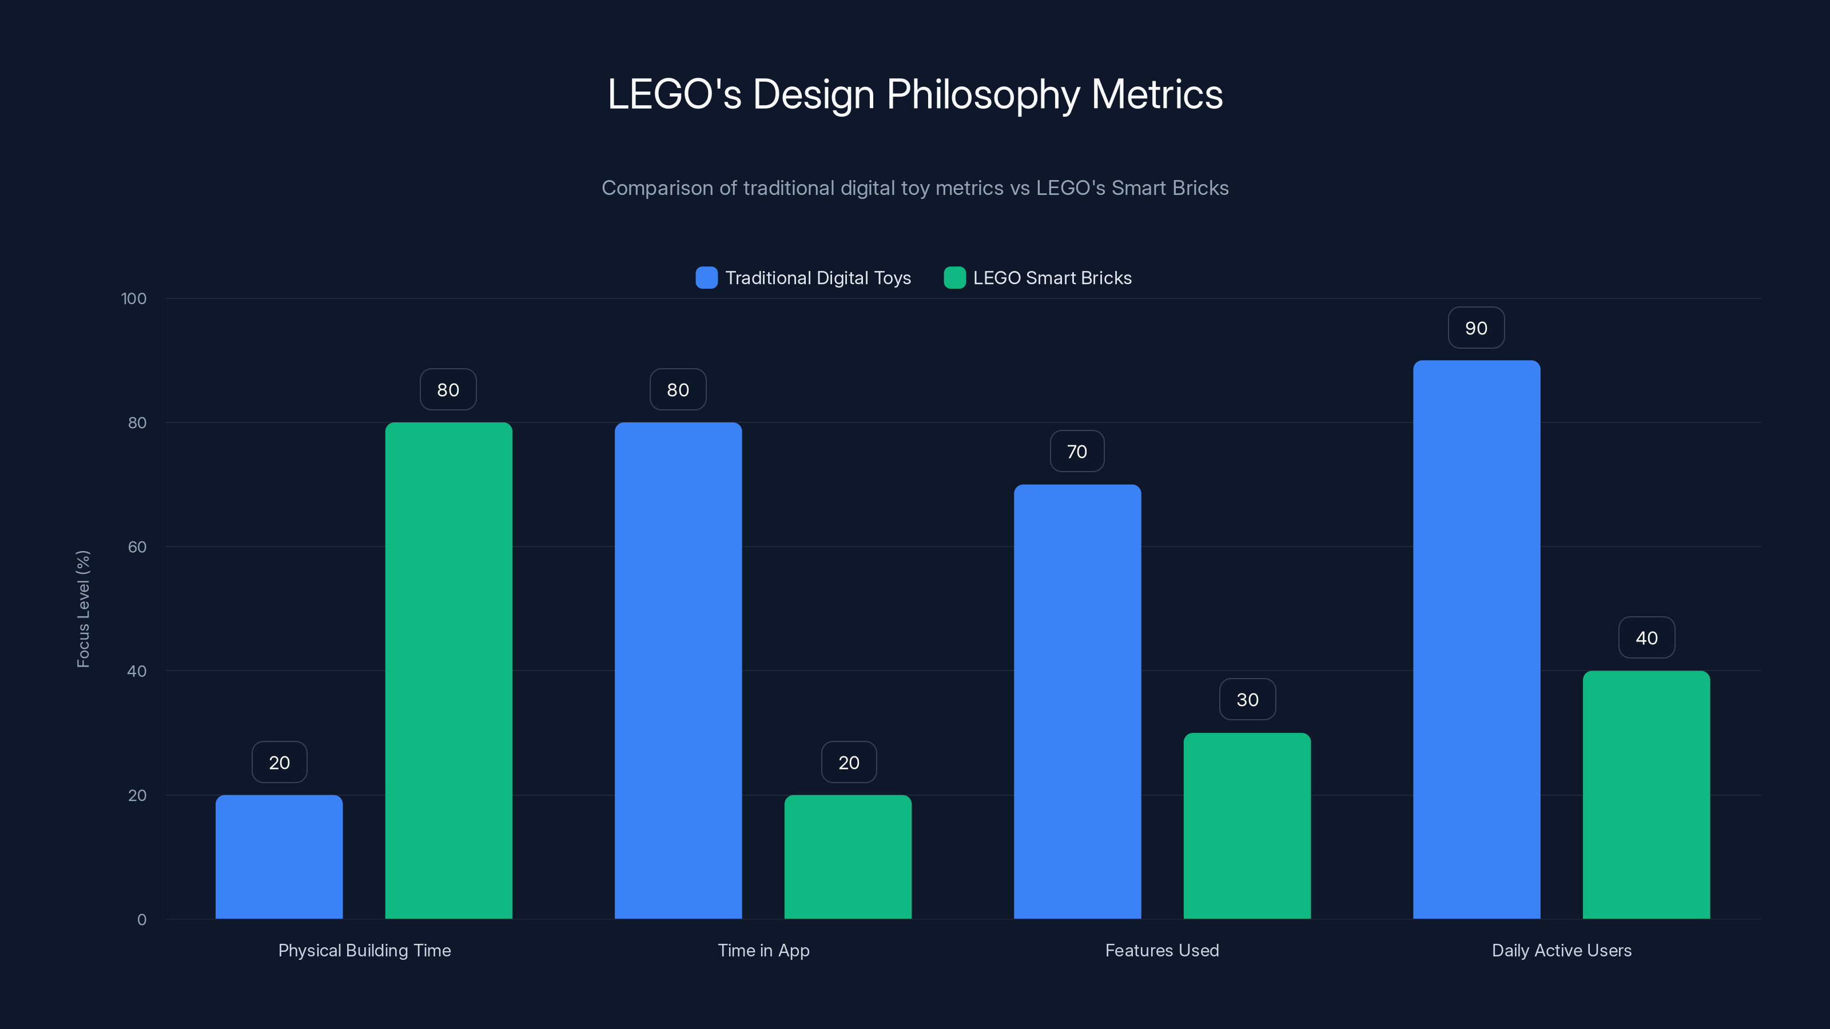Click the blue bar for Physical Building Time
(279, 856)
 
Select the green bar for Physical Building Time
(448, 671)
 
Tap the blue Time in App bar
(678, 671)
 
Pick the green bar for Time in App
(848, 856)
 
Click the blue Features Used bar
(1077, 701)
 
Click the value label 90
(1476, 328)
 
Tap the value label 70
(1077, 452)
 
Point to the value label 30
(1247, 700)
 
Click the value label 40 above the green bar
(1647, 638)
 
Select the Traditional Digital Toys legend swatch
(706, 278)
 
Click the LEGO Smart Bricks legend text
(1052, 278)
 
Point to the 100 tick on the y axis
(134, 298)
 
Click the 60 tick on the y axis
(137, 547)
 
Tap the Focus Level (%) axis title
(83, 609)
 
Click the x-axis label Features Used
(1161, 950)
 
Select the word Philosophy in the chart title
(982, 94)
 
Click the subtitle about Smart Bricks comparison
(915, 188)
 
